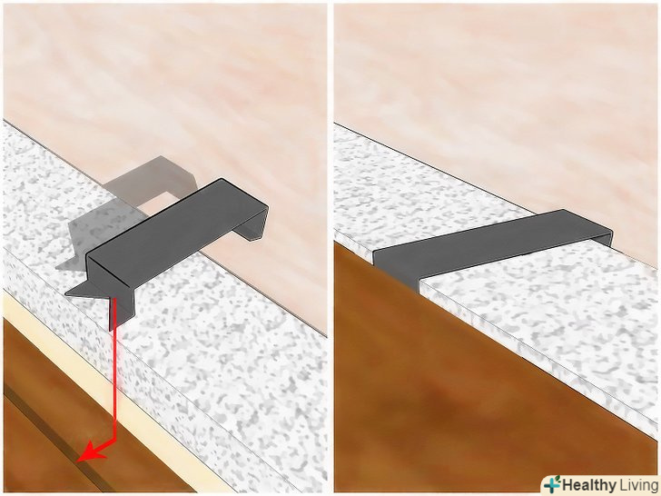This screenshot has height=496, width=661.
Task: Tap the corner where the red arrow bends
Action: point(114,441)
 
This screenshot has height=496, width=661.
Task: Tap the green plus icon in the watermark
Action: point(552,483)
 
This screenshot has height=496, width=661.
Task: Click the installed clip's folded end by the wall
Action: point(604,237)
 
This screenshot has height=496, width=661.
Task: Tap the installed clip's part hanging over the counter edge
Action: point(396,270)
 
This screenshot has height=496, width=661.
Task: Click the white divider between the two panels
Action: point(330,248)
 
